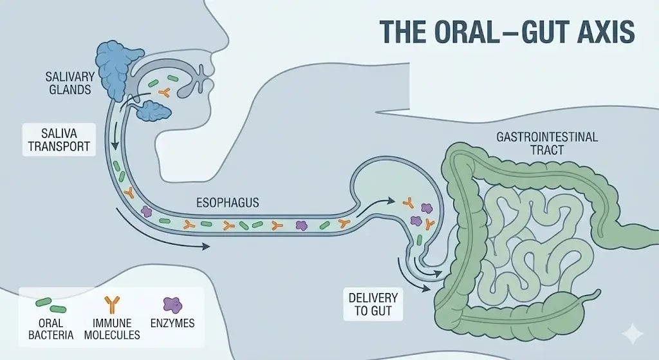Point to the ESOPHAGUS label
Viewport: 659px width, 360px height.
[228, 203]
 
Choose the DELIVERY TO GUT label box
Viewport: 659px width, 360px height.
[373, 305]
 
